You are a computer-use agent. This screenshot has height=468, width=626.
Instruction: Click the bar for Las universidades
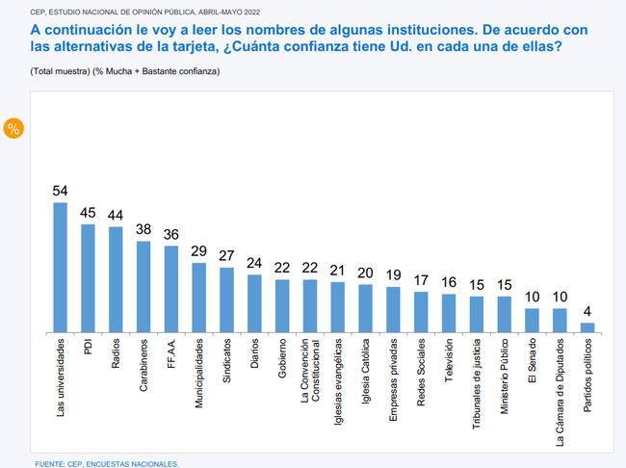(x=60, y=268)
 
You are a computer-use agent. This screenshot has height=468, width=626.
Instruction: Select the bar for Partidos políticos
(x=587, y=327)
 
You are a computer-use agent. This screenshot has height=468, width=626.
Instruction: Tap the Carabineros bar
(x=143, y=287)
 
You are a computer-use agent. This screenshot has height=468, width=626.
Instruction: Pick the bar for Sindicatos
(x=226, y=299)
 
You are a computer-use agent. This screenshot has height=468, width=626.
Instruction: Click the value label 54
(x=60, y=192)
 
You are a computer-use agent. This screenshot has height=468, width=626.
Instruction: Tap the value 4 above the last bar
(x=587, y=312)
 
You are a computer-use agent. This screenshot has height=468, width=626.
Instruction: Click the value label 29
(x=198, y=251)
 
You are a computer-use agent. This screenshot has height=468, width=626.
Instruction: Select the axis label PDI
(x=89, y=345)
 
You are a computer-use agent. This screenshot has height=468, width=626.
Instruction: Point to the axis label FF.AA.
(x=171, y=351)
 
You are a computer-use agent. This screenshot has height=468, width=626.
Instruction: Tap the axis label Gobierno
(x=282, y=356)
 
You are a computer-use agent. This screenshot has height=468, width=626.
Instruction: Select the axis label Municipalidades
(x=199, y=370)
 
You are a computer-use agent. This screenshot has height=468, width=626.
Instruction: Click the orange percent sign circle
(x=14, y=128)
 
